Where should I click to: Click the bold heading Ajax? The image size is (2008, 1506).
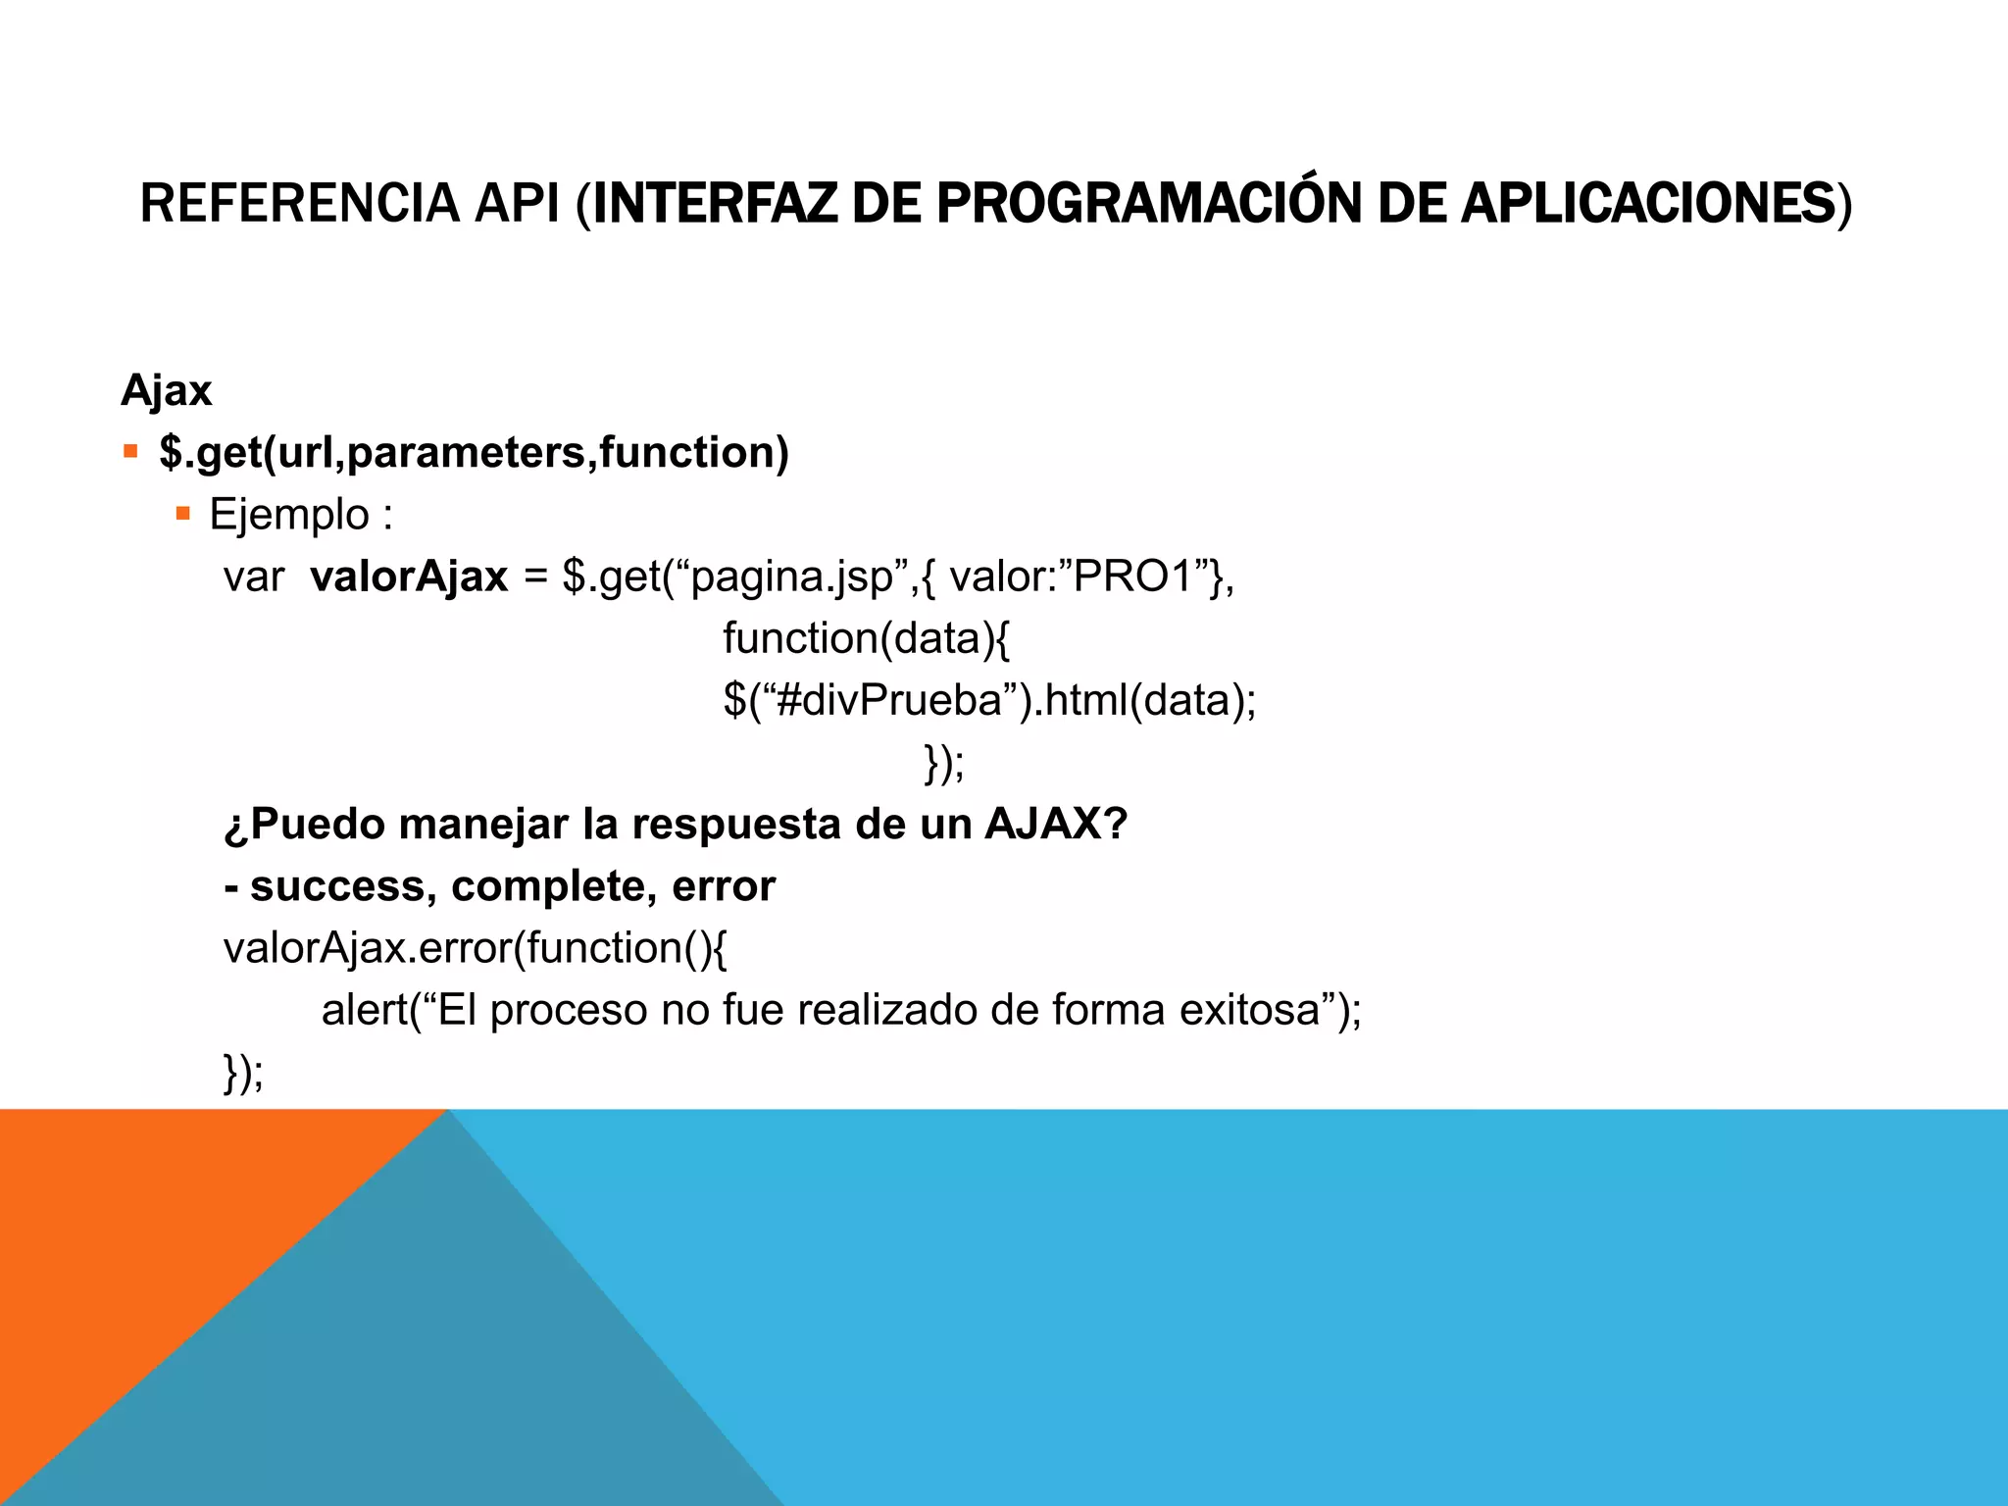[166, 390]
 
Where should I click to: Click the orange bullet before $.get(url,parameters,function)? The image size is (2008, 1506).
[130, 452]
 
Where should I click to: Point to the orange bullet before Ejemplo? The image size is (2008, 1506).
[182, 513]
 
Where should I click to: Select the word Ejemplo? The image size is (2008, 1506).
[288, 515]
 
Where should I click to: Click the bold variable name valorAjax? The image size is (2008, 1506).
[409, 577]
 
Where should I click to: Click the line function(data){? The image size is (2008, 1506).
[866, 638]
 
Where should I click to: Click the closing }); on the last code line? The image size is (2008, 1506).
[243, 1072]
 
